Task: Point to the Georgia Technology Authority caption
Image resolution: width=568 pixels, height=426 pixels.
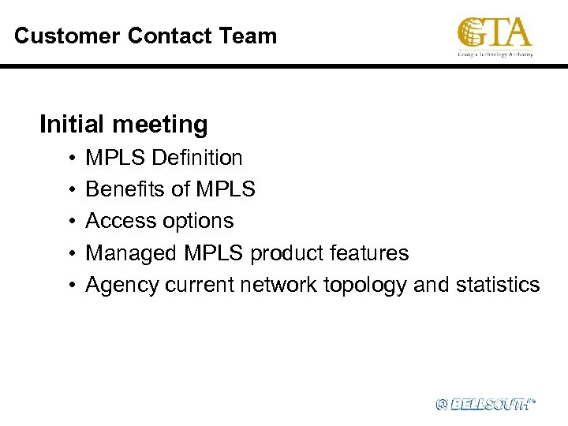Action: coord(495,54)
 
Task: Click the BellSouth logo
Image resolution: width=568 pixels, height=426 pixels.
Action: coord(485,404)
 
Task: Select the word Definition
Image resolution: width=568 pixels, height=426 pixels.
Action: coord(197,158)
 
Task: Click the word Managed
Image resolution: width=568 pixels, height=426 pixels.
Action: coord(132,252)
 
